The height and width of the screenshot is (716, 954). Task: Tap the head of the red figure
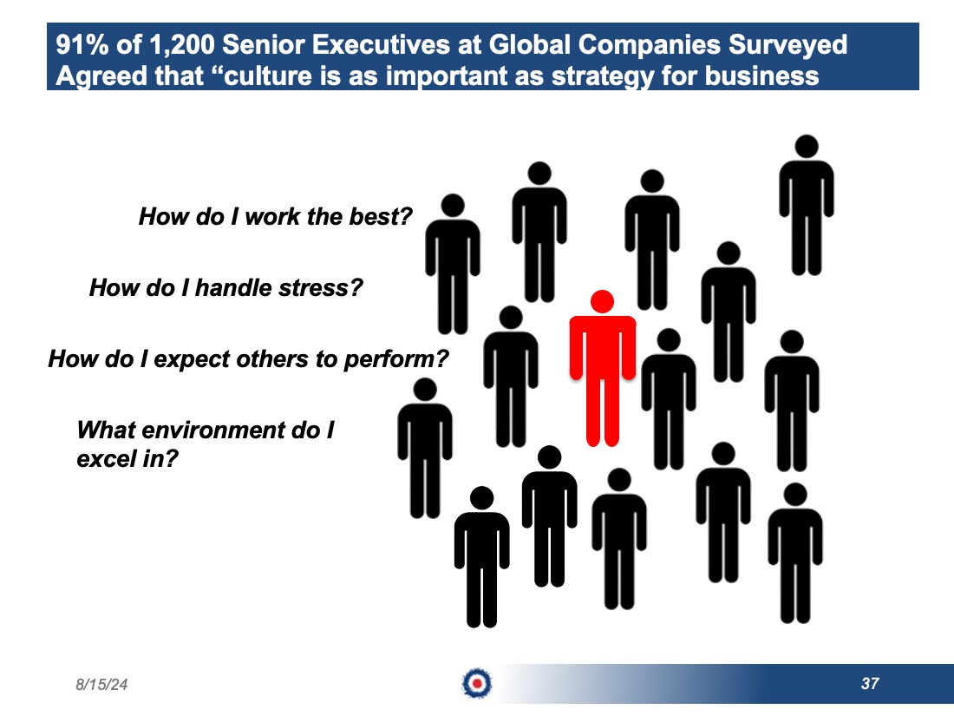(603, 301)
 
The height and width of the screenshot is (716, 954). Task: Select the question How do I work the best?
(276, 216)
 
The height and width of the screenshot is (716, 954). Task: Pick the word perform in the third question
(396, 359)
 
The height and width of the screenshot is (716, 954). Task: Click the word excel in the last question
(107, 458)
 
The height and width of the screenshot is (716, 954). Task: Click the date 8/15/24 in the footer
(101, 685)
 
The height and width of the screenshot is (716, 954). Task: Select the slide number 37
(870, 684)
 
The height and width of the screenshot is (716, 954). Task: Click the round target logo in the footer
(477, 683)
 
